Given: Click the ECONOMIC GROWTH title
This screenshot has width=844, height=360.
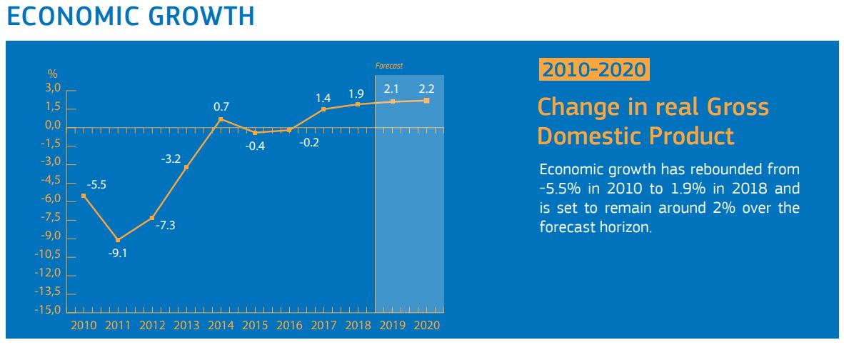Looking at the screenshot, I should pyautogui.click(x=130, y=16).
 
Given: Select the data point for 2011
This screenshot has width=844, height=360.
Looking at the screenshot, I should pyautogui.click(x=118, y=240).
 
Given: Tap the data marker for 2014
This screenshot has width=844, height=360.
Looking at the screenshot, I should pyautogui.click(x=221, y=119).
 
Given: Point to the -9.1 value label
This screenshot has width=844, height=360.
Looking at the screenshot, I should pyautogui.click(x=118, y=253).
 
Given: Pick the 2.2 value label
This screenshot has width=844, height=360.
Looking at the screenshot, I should pyautogui.click(x=426, y=89).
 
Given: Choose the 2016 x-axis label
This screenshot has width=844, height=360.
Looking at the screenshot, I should pyautogui.click(x=289, y=325).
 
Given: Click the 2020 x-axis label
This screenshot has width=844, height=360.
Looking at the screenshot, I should pyautogui.click(x=427, y=325).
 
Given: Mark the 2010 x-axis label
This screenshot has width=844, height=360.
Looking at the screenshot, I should pyautogui.click(x=84, y=325).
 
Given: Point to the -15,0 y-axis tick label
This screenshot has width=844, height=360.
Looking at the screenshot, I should pyautogui.click(x=49, y=311).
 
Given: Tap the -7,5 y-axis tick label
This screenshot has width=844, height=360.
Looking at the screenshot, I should pyautogui.click(x=51, y=219).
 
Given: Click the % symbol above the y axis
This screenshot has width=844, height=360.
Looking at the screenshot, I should pyautogui.click(x=52, y=74).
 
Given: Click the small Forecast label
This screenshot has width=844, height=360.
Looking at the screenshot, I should pyautogui.click(x=389, y=66).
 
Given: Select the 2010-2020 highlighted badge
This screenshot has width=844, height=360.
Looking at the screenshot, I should pyautogui.click(x=594, y=70).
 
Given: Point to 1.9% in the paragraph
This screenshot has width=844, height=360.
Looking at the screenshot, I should pyautogui.click(x=715, y=189).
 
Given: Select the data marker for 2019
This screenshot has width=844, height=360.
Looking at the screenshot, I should pyautogui.click(x=392, y=101).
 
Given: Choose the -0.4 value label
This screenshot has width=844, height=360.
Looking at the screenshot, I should pyautogui.click(x=255, y=146).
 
